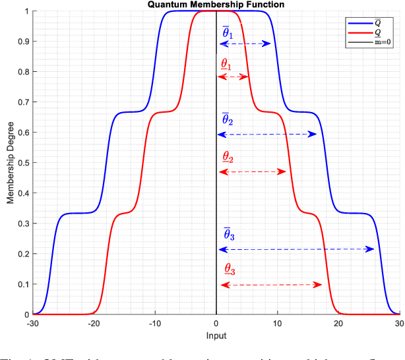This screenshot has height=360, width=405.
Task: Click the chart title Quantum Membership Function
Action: [216, 5]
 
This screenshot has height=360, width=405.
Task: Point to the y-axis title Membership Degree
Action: [10, 163]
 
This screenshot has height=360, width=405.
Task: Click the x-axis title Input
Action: [216, 336]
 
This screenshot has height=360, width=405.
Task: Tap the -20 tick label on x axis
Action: [94, 324]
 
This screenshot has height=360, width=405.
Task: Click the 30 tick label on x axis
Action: [399, 324]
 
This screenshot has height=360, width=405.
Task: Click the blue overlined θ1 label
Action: [227, 32]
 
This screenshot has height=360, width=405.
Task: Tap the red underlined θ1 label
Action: [226, 65]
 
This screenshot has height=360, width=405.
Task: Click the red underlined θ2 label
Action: [228, 158]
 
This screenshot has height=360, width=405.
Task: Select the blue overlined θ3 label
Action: [228, 234]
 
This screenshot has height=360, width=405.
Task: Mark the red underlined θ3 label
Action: [229, 269]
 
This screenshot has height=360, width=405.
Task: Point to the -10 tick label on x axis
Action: [155, 324]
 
